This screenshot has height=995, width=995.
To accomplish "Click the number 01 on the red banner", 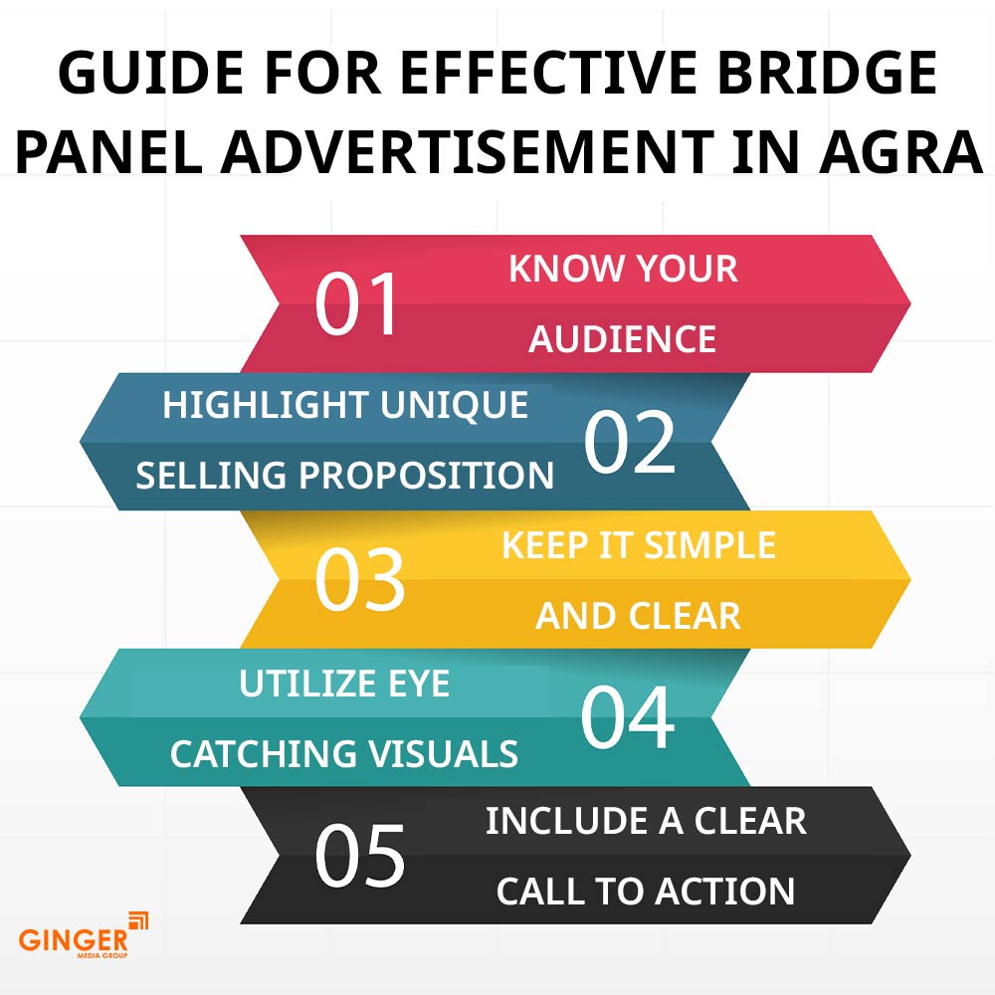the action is click(x=356, y=303).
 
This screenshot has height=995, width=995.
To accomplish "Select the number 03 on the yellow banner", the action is click(x=359, y=580).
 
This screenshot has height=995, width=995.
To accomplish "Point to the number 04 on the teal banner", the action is click(x=628, y=717).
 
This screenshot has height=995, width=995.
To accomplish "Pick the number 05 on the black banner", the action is click(x=359, y=856).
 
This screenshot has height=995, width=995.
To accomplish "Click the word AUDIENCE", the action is click(x=622, y=338).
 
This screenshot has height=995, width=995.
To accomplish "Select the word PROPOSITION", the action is click(x=426, y=476).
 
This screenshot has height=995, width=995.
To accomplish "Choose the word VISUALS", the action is click(x=444, y=754).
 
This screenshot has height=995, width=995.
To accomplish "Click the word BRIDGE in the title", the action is click(x=828, y=72).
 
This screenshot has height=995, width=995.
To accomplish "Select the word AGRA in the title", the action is click(x=900, y=151).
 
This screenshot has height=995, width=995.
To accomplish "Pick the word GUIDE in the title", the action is click(x=151, y=72).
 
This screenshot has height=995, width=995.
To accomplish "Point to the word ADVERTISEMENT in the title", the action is click(x=468, y=151).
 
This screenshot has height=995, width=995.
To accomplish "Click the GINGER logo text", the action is click(x=73, y=940).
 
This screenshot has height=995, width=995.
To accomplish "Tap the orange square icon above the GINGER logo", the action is click(x=138, y=921).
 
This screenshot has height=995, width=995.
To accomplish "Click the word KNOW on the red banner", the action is click(x=557, y=268).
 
